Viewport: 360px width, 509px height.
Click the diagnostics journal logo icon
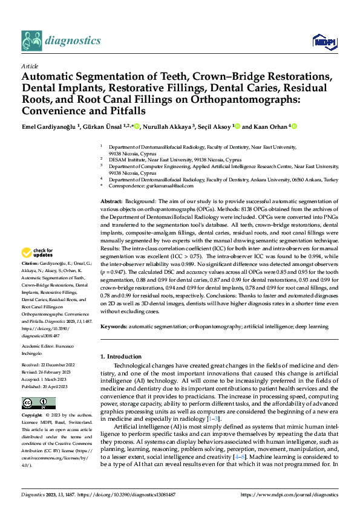[32, 41]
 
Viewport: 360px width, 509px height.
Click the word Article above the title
[30, 66]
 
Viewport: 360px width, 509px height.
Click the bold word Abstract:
[111, 200]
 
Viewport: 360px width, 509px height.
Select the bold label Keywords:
[113, 326]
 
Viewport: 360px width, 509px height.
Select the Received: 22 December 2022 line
[49, 366]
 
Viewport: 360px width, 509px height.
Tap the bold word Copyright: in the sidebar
[33, 416]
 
